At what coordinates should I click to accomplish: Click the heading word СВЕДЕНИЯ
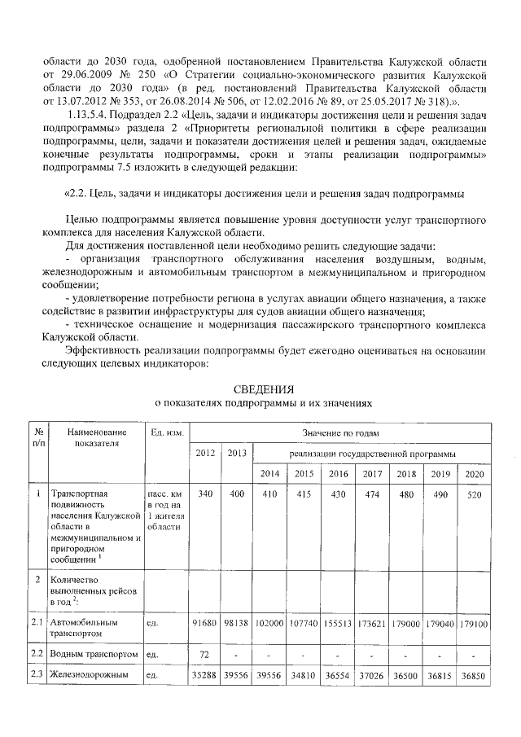(x=263, y=388)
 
